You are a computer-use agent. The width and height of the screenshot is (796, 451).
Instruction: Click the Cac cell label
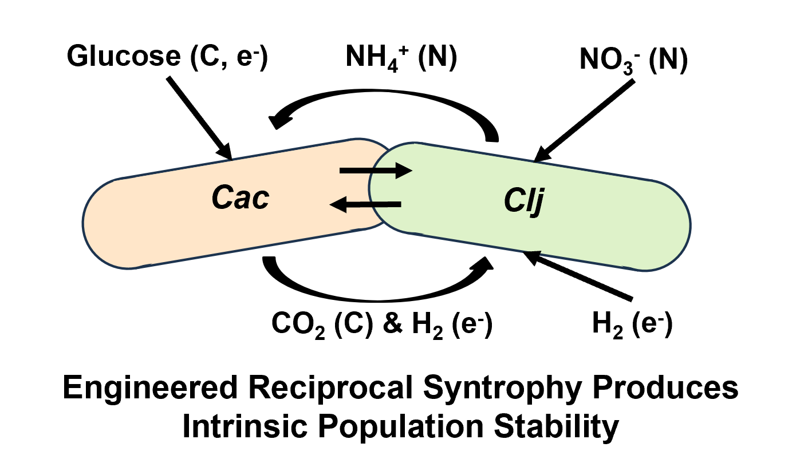click(x=240, y=198)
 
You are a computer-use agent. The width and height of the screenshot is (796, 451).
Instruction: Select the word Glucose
click(x=119, y=56)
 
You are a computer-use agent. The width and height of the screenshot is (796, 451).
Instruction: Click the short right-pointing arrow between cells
click(x=376, y=170)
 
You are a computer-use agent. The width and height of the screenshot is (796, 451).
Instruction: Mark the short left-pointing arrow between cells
click(x=367, y=203)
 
